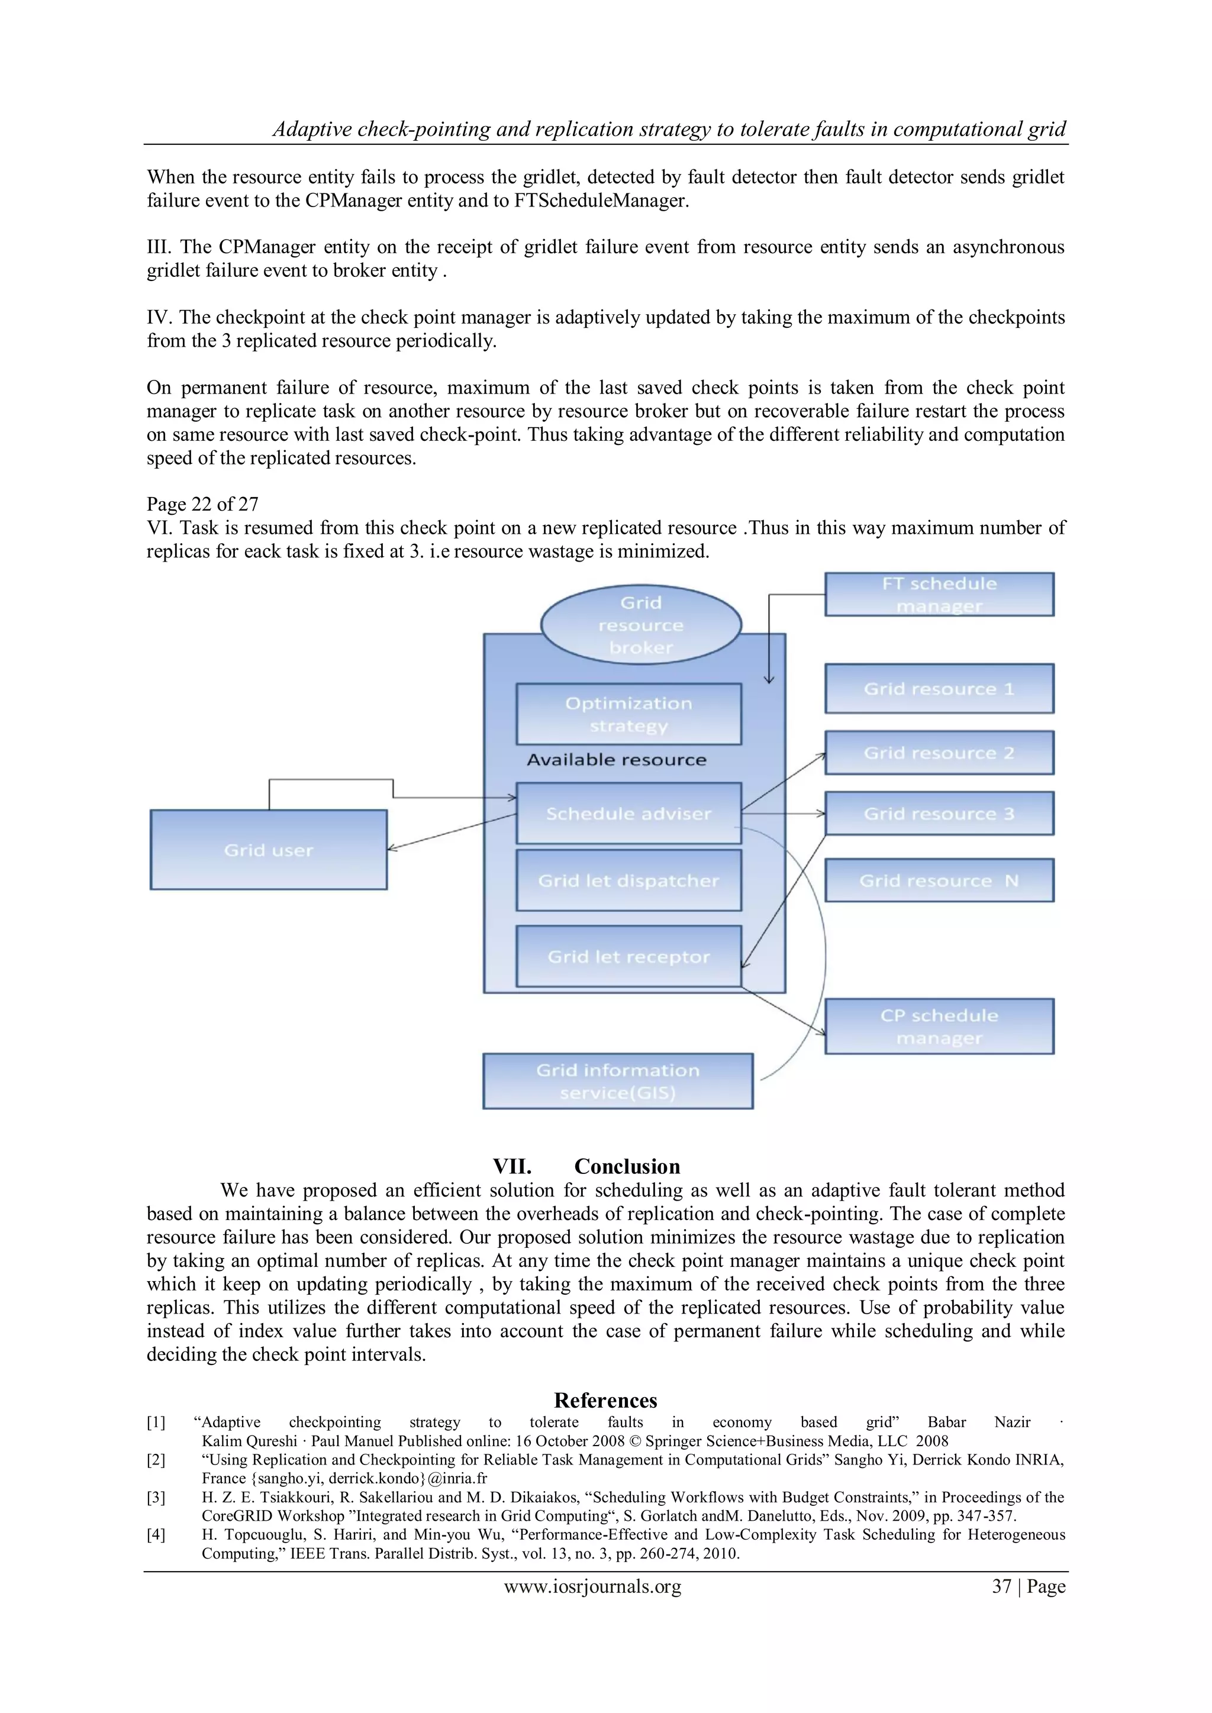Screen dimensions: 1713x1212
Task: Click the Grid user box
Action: coord(269,850)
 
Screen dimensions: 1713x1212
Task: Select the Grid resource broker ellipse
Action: coord(640,624)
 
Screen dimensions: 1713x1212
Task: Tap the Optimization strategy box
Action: coord(628,714)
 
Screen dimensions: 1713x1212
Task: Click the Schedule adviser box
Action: coord(628,813)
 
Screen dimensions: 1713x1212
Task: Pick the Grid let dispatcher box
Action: coord(628,880)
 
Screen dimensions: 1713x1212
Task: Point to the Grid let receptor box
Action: coord(628,956)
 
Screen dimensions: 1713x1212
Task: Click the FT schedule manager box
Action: coord(939,595)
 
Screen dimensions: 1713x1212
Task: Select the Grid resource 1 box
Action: coord(939,689)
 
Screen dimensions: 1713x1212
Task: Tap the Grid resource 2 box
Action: coord(939,753)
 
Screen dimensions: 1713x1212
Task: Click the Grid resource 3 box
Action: coord(939,813)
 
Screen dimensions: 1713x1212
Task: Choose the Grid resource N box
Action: coord(939,880)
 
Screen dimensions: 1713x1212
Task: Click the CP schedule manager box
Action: coord(939,1027)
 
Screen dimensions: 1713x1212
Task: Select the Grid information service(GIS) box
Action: coord(618,1081)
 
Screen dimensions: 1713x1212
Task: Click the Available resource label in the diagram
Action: coord(617,760)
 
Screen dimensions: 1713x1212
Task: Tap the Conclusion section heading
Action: coord(586,1166)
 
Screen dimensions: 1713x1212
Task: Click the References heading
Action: coord(605,1399)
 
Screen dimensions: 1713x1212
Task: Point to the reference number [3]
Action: coord(156,1498)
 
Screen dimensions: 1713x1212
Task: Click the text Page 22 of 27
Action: coord(202,504)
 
